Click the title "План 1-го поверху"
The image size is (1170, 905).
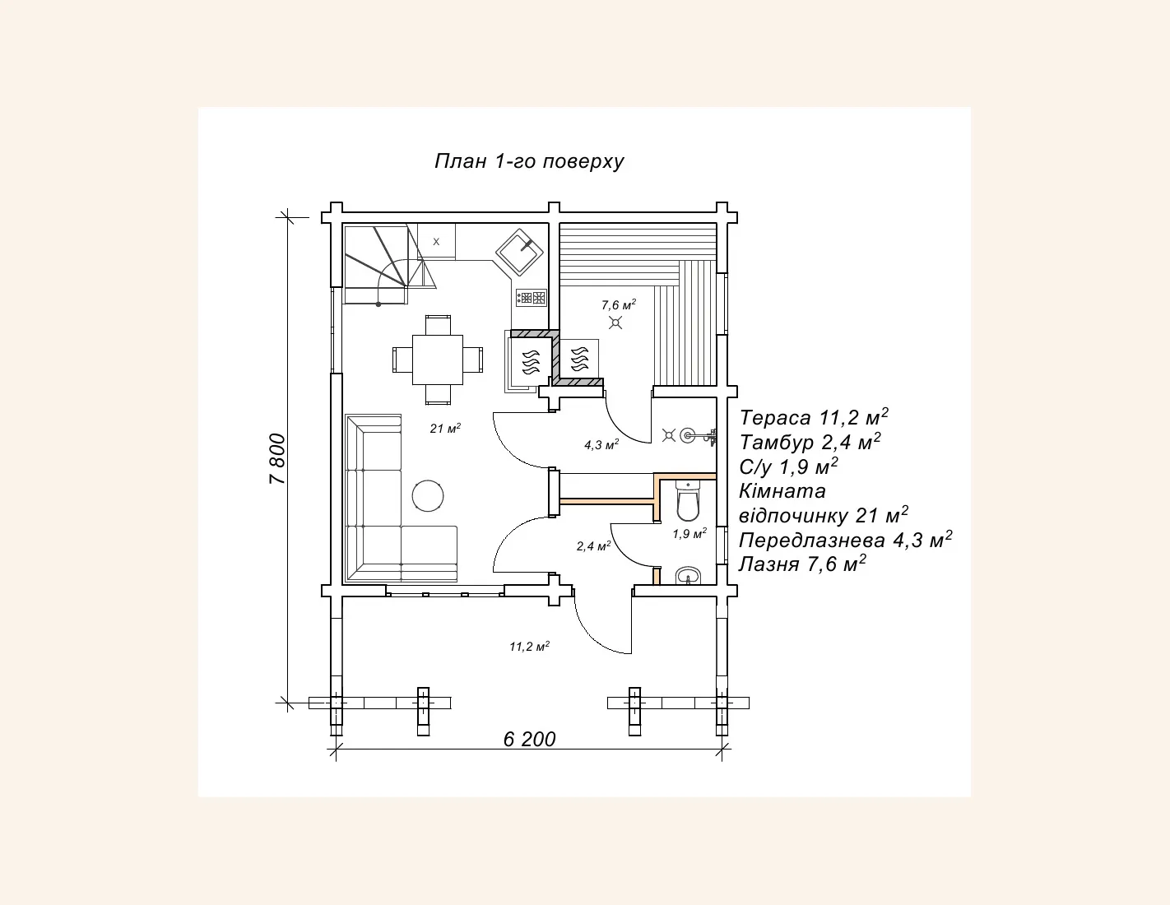[529, 161]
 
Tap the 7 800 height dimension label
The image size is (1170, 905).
[277, 459]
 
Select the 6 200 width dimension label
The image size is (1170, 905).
[529, 739]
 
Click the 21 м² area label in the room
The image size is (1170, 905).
[445, 429]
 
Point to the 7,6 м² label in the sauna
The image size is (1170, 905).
[619, 304]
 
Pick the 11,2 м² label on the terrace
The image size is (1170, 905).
[529, 646]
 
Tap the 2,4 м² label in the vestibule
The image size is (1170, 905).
[593, 546]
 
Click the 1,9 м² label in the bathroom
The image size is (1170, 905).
[689, 533]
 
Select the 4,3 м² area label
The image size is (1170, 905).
[601, 445]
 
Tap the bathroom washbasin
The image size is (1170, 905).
[688, 576]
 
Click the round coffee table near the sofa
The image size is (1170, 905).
[428, 496]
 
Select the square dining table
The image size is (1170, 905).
[438, 360]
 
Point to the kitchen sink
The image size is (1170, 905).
[519, 252]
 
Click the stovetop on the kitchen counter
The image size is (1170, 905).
[532, 298]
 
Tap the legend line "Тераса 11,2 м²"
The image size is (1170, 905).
[814, 417]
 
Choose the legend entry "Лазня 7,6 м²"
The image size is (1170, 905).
[802, 564]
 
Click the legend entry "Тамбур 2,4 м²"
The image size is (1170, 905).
[810, 442]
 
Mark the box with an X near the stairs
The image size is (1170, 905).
[436, 242]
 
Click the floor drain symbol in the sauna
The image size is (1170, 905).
[615, 323]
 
